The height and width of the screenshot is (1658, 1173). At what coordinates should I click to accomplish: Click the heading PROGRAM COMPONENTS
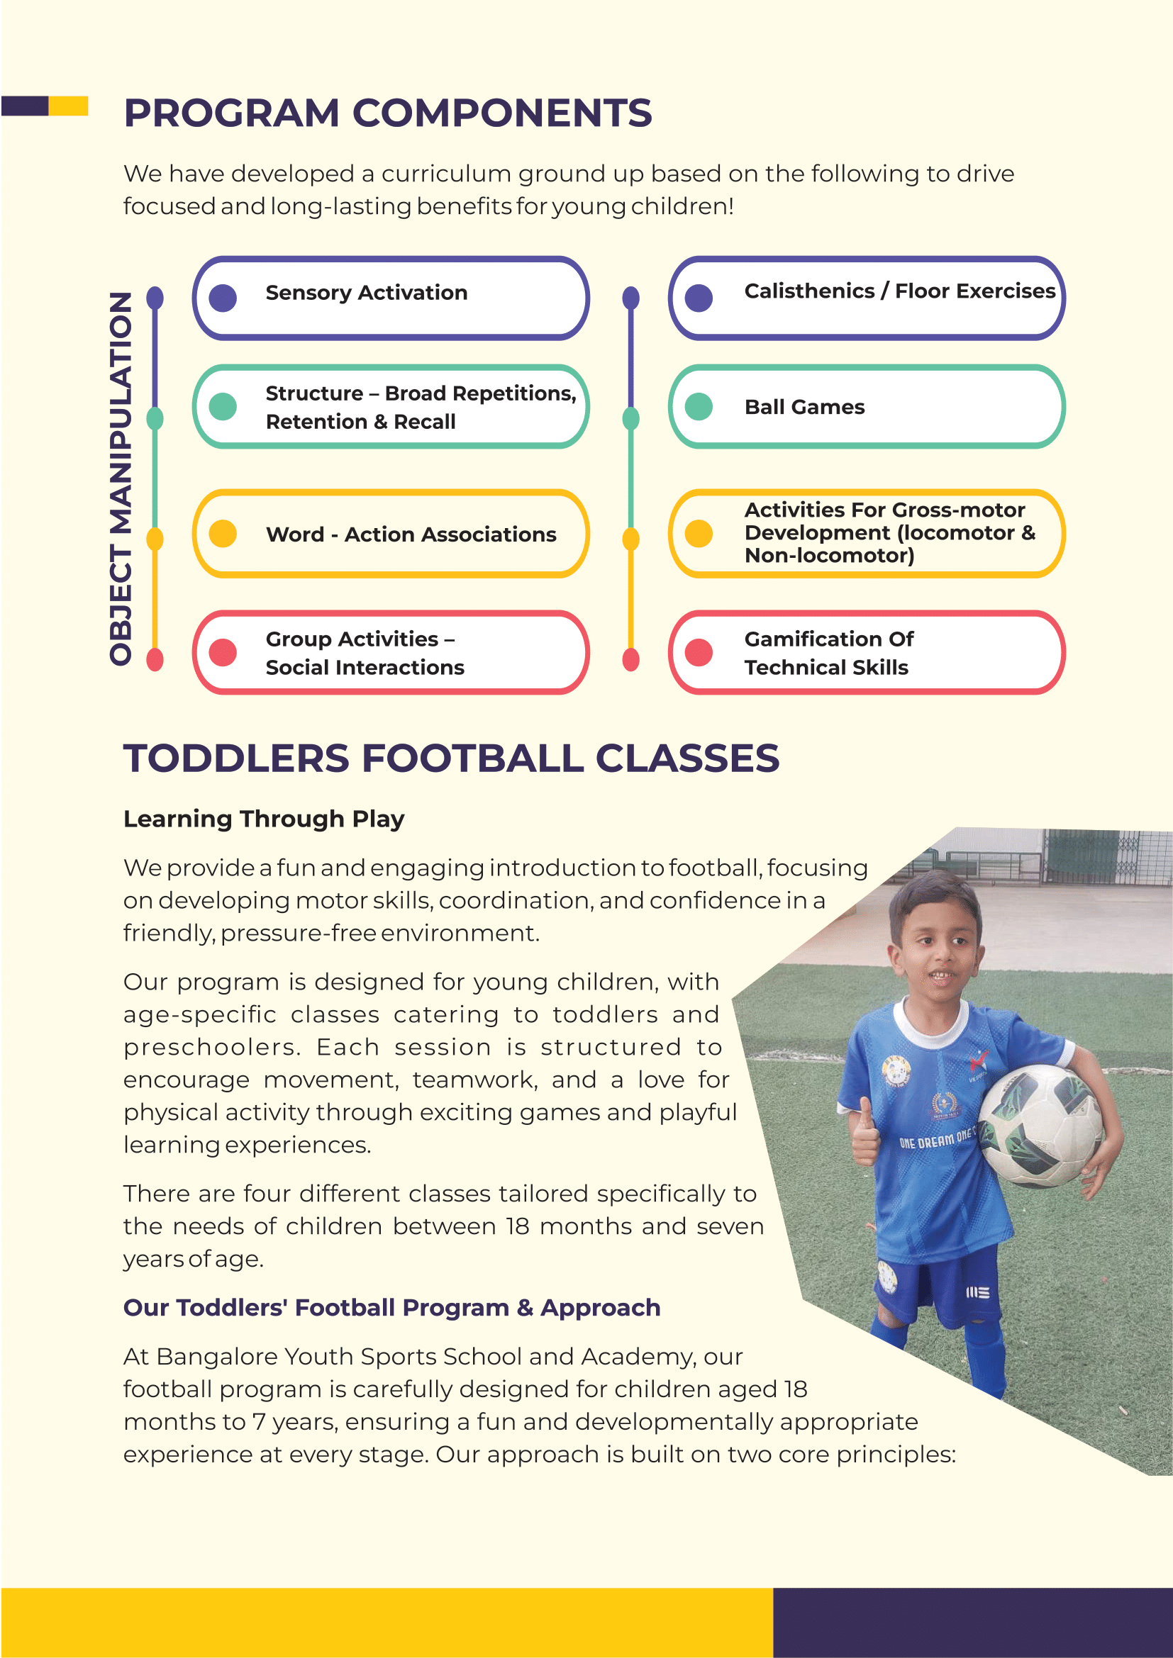click(x=388, y=113)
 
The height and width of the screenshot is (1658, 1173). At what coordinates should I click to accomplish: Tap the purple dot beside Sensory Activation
click(x=223, y=298)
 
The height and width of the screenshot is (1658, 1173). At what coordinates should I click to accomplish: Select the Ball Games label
click(x=805, y=408)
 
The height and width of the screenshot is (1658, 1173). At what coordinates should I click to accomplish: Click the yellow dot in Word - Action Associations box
click(x=223, y=534)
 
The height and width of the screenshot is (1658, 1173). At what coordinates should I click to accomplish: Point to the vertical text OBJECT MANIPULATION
click(x=121, y=478)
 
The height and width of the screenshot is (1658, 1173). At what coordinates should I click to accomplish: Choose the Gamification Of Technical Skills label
click(x=829, y=653)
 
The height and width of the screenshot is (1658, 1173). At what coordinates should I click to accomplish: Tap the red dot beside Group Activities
click(x=223, y=652)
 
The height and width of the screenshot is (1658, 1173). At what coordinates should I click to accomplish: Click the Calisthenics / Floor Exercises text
click(x=900, y=291)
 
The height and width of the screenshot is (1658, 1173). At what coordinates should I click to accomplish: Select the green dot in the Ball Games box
click(x=699, y=407)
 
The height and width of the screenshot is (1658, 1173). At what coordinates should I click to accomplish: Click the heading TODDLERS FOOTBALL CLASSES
click(x=452, y=758)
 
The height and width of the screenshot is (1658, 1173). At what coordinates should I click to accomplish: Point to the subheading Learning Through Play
click(x=264, y=819)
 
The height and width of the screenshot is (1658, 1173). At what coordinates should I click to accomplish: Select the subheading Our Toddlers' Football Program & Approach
click(x=392, y=1308)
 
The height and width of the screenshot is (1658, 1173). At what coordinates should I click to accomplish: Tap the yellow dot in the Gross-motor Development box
click(x=699, y=534)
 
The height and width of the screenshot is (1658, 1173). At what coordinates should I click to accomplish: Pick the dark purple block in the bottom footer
click(x=973, y=1622)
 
